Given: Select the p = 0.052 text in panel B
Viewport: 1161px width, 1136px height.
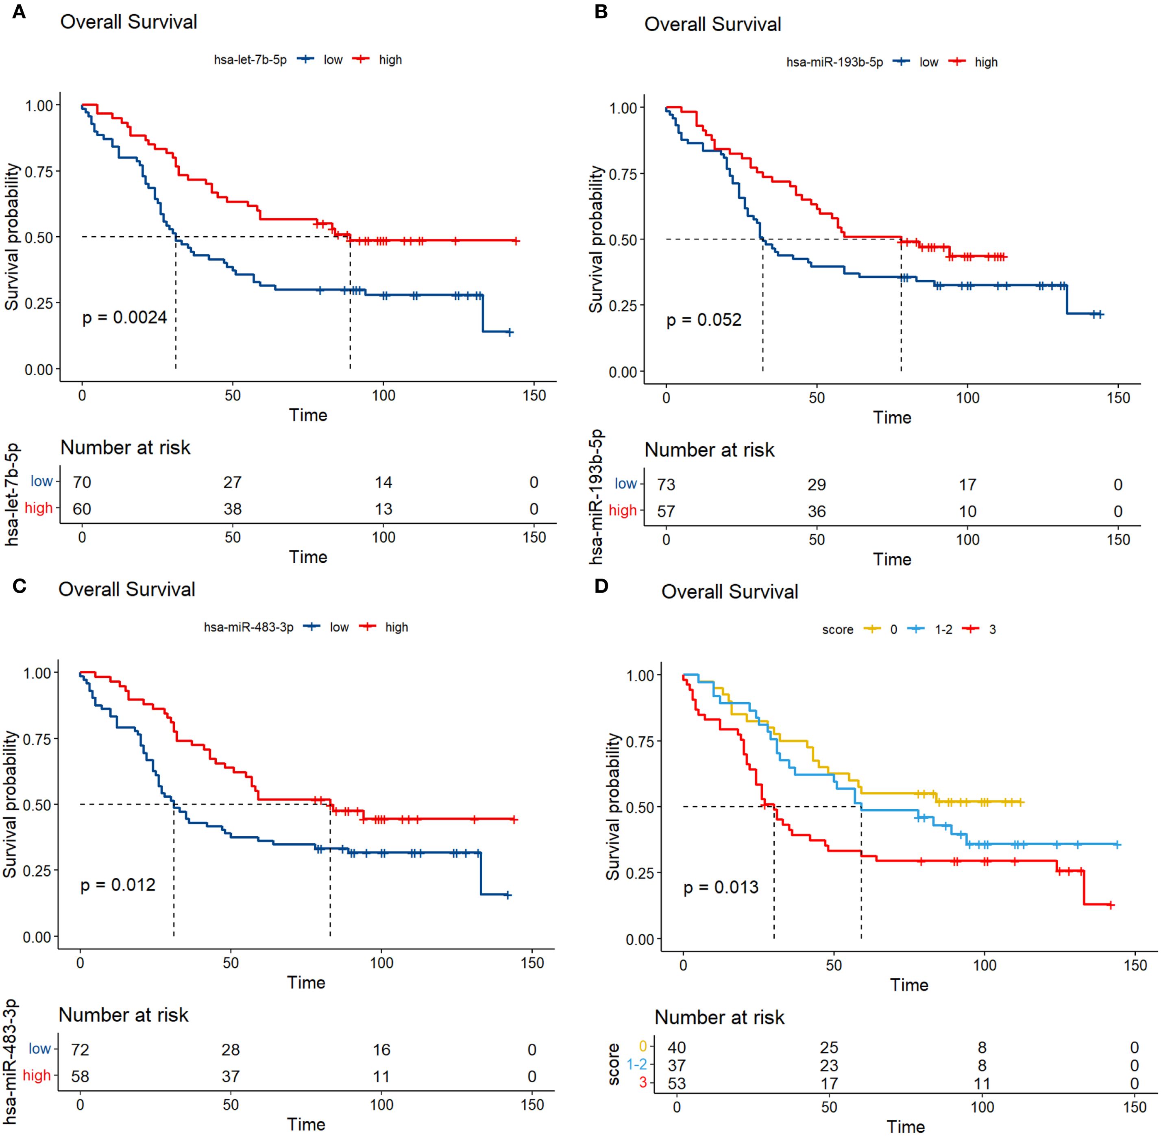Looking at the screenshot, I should coord(704,320).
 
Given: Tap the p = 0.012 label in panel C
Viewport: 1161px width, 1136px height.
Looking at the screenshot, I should coord(118,885).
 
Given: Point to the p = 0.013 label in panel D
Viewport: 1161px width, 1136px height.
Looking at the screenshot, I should coord(721,887).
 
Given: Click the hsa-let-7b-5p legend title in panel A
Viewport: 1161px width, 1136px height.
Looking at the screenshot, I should coord(250,60).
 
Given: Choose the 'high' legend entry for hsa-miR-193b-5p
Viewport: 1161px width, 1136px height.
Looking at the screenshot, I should coord(986,62).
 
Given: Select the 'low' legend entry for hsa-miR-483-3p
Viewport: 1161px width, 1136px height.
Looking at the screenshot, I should coord(339,627).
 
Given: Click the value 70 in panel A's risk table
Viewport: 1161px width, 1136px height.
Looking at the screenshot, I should coord(82,482).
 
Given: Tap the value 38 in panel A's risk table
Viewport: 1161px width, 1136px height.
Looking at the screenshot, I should coord(232,509).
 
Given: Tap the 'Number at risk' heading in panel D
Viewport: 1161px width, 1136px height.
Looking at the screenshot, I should coord(719,1017).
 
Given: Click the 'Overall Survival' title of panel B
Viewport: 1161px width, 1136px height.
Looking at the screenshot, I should coord(712,24).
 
